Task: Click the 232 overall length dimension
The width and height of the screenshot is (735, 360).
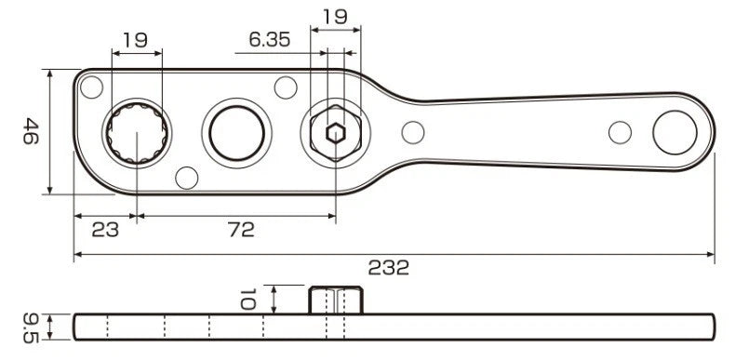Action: (x=389, y=268)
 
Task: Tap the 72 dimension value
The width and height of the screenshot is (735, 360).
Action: (x=242, y=230)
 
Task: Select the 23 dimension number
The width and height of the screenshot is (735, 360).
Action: (x=105, y=230)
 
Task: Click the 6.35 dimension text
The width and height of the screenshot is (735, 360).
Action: (x=270, y=40)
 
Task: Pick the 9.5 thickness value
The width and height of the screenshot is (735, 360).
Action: (x=31, y=327)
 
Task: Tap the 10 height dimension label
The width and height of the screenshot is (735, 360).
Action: (x=247, y=299)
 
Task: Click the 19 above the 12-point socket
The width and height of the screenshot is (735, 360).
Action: (x=135, y=40)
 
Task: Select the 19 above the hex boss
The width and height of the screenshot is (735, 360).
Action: (x=335, y=17)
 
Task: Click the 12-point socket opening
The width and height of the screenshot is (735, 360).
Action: (x=137, y=134)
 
